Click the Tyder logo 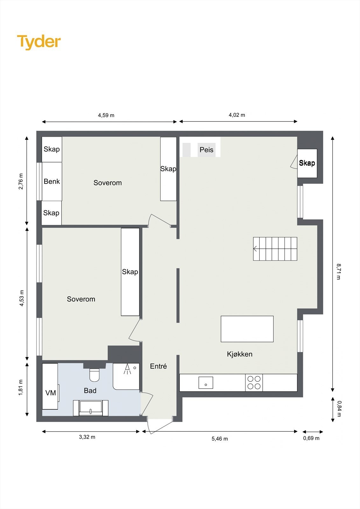coord(39,42)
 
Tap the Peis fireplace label coord(206,150)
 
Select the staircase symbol coord(275,249)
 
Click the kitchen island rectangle coord(247,329)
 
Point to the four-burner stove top coord(254,382)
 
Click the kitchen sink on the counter coord(206,382)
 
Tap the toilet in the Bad coord(95,375)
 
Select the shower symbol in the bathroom coord(127,369)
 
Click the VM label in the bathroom coord(51,393)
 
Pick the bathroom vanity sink coord(91,408)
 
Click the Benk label coord(52,181)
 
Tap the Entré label coord(158,366)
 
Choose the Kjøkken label coord(239,354)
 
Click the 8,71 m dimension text coord(339,271)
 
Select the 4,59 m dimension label coord(106,115)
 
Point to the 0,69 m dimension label coord(311,438)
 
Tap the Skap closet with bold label coord(307,163)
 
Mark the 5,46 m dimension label coord(220,439)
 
